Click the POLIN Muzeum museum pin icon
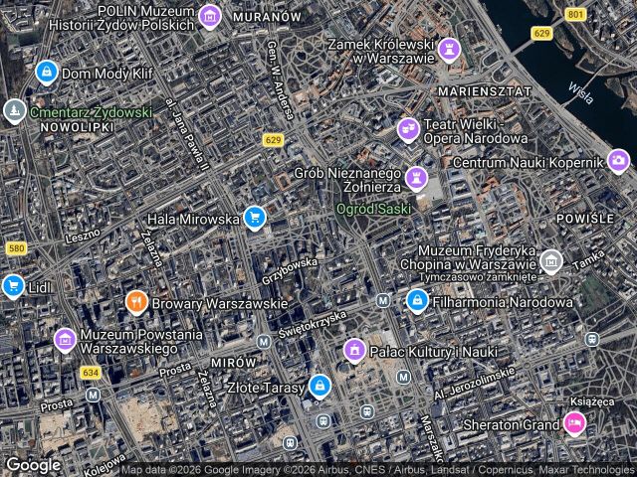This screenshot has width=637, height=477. (x=209, y=16)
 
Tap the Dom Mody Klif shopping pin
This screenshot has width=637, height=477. (x=46, y=73)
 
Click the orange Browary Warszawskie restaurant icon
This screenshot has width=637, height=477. (x=137, y=301)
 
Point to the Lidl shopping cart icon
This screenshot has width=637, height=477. (x=12, y=286)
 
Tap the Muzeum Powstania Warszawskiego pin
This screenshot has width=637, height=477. (x=65, y=339)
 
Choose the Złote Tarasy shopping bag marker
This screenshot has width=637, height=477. (x=318, y=385)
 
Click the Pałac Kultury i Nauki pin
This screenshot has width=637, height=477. (x=354, y=349)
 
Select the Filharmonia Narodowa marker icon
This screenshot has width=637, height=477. (x=417, y=300)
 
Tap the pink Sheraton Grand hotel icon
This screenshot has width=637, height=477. (x=573, y=424)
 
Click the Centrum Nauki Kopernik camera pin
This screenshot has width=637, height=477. (x=618, y=160)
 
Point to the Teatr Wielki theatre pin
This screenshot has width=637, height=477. (x=408, y=129)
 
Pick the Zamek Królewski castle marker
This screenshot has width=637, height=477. (x=450, y=49)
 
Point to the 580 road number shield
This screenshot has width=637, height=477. (x=14, y=248)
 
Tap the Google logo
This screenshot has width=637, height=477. (x=33, y=464)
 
